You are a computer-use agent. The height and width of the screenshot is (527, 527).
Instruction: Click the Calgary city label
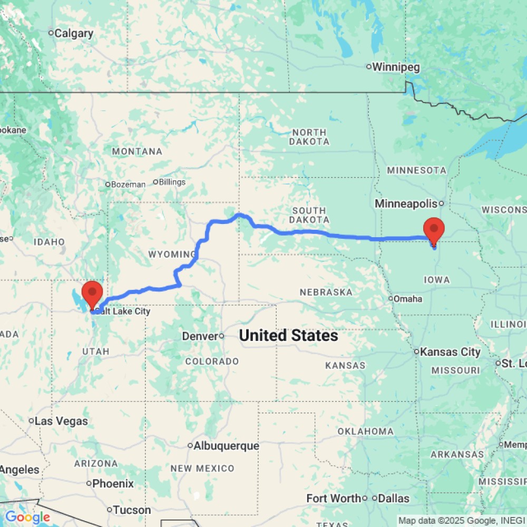click(74, 34)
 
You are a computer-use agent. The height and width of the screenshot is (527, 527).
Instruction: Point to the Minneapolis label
click(406, 203)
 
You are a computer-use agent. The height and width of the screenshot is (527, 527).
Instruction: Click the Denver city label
click(200, 336)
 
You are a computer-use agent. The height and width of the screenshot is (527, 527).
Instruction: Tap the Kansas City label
click(450, 352)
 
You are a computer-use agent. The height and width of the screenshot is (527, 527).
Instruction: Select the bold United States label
click(288, 335)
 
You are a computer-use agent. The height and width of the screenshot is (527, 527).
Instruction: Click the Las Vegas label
click(62, 421)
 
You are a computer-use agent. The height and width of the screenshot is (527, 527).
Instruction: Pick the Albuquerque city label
click(226, 446)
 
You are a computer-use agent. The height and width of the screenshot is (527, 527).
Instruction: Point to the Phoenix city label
click(113, 483)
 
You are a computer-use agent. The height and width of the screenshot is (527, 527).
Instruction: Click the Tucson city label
click(132, 510)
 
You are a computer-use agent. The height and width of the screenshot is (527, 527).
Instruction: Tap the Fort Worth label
click(334, 498)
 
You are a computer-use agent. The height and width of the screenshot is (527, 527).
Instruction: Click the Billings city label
click(172, 182)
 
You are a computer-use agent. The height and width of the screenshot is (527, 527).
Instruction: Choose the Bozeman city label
click(128, 184)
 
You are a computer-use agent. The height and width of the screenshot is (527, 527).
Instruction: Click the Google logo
click(27, 518)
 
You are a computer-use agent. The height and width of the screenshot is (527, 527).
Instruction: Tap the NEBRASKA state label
click(326, 292)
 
